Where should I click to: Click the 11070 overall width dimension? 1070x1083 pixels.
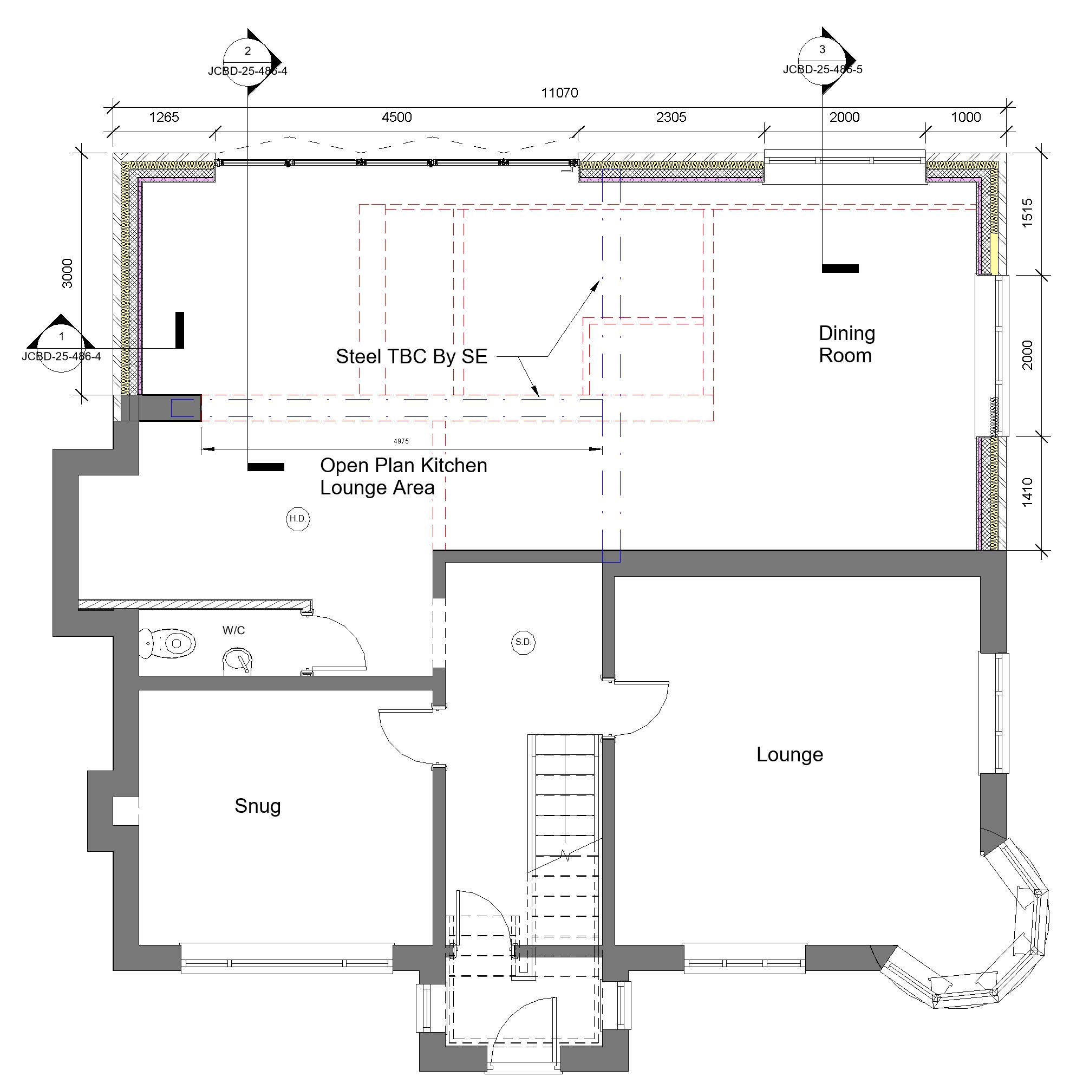(559, 93)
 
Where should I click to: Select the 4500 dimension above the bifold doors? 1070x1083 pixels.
(396, 117)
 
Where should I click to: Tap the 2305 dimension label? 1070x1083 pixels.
(671, 117)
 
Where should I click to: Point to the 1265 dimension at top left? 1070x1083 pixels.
(164, 117)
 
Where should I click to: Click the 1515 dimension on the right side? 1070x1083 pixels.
(1027, 213)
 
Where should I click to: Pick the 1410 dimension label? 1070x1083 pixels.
(1027, 492)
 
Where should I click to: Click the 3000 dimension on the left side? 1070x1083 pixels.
(67, 273)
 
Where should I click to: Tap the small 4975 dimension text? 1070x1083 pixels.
(401, 441)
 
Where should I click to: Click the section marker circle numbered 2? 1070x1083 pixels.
(248, 61)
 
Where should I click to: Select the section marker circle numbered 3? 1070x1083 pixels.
(822, 60)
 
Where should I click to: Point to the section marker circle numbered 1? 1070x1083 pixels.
(61, 347)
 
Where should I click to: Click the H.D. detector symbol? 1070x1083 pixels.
(298, 519)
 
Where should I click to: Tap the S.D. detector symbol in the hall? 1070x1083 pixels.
(524, 642)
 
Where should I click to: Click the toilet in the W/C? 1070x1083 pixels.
(168, 643)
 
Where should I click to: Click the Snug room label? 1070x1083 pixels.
(257, 806)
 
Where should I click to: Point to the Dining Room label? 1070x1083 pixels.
(846, 344)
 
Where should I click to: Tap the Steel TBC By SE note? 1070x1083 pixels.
(412, 356)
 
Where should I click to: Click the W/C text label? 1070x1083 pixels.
(234, 630)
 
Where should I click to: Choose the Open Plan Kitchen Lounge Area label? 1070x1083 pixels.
(403, 477)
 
